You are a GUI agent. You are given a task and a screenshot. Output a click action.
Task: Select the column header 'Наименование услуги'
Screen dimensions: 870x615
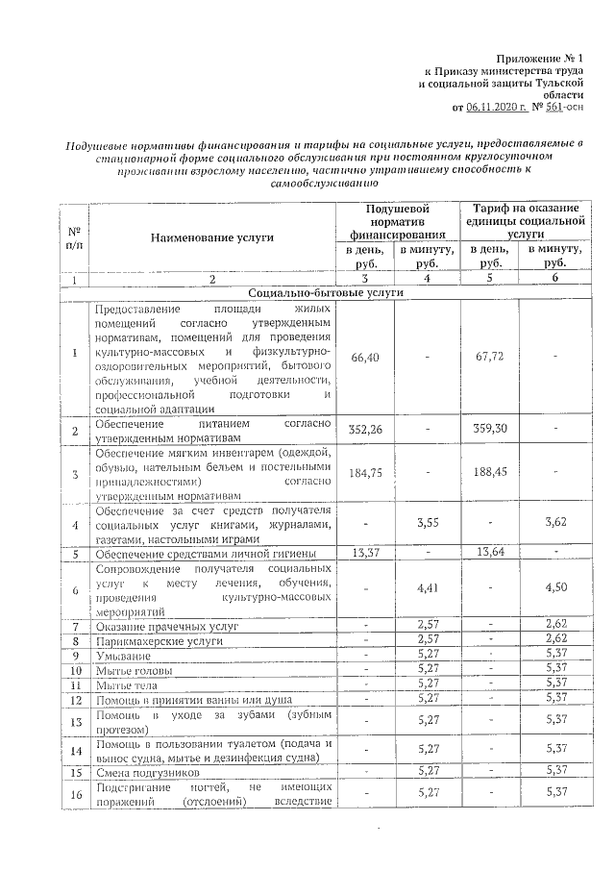(x=211, y=236)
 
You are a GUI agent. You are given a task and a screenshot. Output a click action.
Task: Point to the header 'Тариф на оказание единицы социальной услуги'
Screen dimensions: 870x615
(x=524, y=220)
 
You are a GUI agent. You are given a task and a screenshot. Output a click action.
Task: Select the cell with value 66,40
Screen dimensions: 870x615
(x=367, y=358)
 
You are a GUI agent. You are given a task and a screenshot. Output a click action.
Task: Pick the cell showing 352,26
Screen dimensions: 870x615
(x=367, y=430)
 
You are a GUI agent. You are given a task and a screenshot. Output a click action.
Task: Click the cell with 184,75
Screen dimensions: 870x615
(x=367, y=473)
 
